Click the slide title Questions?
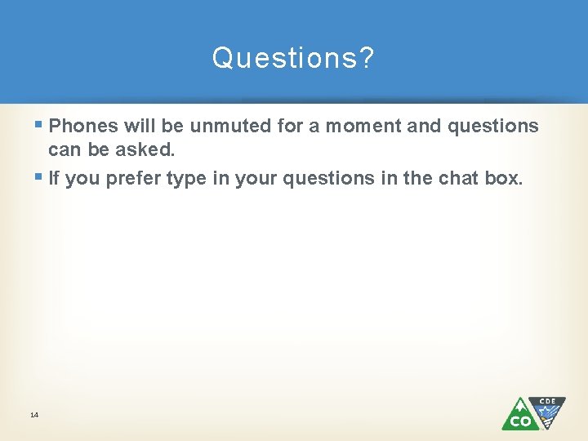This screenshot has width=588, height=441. pos(293,58)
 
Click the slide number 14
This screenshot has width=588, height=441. pos(34,416)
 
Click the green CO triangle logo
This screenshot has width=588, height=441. pos(518,416)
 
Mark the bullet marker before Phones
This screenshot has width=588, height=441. pos(40,126)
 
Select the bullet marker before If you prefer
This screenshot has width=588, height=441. pos(40,178)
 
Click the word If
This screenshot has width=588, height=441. pos(54,178)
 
